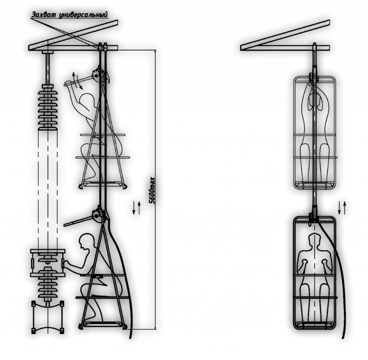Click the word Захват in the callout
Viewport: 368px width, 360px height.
44,14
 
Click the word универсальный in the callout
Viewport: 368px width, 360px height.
83,15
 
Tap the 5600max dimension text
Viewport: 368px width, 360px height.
153,190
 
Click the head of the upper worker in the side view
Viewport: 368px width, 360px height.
88,99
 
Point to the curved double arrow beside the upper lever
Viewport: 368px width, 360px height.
77,81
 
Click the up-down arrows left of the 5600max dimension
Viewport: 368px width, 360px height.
136,208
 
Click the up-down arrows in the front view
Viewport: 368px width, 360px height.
342,208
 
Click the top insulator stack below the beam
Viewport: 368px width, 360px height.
48,107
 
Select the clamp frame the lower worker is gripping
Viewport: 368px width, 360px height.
48,263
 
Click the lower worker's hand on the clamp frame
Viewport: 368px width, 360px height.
66,264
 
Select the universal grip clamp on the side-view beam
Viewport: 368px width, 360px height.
102,47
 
